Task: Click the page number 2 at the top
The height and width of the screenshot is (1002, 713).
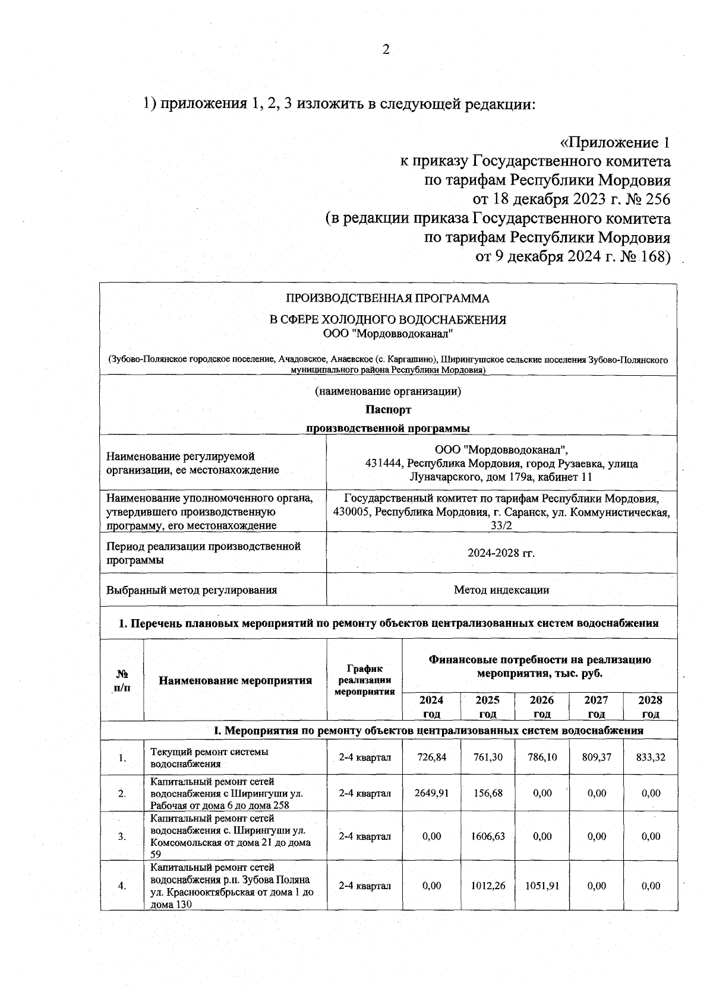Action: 386,50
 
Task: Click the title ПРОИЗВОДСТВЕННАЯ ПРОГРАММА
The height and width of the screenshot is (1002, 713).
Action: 387,298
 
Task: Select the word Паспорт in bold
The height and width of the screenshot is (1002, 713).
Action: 388,410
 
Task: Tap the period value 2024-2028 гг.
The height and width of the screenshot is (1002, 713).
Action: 501,553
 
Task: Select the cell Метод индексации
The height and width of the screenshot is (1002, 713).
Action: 501,590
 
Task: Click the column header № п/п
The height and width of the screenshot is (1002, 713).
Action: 122,680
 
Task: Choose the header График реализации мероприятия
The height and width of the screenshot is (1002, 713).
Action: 364,680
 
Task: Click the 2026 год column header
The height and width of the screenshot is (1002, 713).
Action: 542,706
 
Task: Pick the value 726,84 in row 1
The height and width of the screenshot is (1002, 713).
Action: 431,757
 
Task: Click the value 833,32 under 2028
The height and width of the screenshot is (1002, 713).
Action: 651,757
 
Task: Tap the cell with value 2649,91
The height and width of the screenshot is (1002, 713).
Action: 431,793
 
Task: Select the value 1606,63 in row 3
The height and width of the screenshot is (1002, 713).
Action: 487,836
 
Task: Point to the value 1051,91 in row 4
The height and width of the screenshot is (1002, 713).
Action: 542,886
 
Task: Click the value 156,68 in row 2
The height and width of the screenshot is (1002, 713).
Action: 487,793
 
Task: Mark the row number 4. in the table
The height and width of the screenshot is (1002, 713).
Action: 122,886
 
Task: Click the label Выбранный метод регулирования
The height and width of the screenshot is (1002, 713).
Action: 191,590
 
